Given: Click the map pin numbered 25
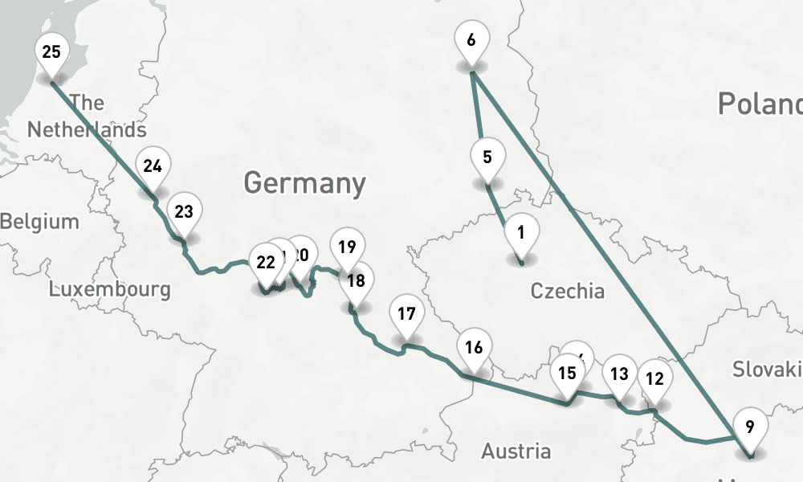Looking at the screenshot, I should tap(51, 54).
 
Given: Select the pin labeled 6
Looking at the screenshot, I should tap(471, 40).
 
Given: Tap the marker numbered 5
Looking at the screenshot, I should tap(487, 157).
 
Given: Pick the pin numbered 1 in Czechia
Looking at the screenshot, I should tap(521, 234).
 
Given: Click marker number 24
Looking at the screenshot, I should tap(153, 167).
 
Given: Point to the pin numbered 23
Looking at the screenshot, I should tap(184, 213).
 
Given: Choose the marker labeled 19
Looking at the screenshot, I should tap(347, 247).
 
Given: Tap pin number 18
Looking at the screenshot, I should tap(357, 281).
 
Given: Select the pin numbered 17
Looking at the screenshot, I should tap(406, 314).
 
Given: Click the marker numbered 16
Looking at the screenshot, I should tap(474, 348).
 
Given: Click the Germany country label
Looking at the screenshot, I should tap(304, 183).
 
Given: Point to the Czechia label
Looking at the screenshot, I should tap(568, 291).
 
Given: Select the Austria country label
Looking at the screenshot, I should tap(516, 451).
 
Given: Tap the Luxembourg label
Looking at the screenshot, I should tap(110, 289).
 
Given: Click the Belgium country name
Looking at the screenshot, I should tap(40, 222).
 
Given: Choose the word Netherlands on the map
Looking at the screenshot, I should tap(87, 129).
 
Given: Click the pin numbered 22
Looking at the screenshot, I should tap(265, 262).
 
